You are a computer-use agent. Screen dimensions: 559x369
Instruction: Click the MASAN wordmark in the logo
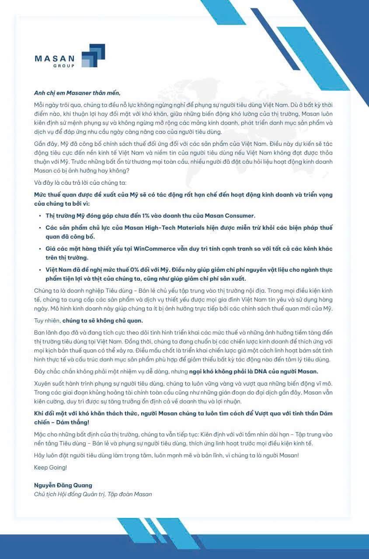(x=55, y=59)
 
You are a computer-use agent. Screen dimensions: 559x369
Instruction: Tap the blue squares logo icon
(x=93, y=55)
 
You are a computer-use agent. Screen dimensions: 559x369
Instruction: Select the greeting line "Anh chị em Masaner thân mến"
(x=77, y=93)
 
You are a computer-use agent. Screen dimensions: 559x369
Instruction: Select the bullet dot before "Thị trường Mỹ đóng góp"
(x=40, y=216)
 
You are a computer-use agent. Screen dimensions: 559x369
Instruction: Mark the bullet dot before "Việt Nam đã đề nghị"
(x=40, y=269)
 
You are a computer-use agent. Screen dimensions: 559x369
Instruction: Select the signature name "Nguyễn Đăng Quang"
(x=63, y=485)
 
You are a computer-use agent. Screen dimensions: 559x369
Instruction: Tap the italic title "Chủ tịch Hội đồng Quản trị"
(x=69, y=494)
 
